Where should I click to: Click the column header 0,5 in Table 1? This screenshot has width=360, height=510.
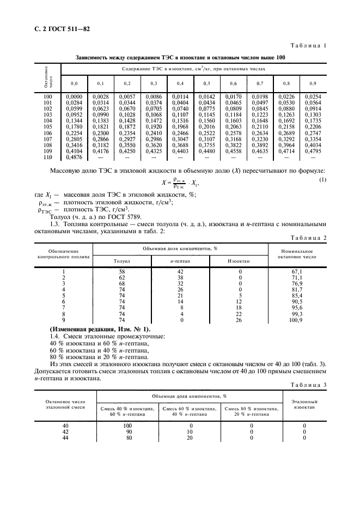pos(207,83)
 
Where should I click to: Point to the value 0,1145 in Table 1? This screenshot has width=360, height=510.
pos(207,114)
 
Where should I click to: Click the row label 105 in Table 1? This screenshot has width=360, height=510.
pos(47,126)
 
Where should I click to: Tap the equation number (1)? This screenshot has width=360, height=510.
pos(322,180)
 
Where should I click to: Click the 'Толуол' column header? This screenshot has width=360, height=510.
pos(121,261)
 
